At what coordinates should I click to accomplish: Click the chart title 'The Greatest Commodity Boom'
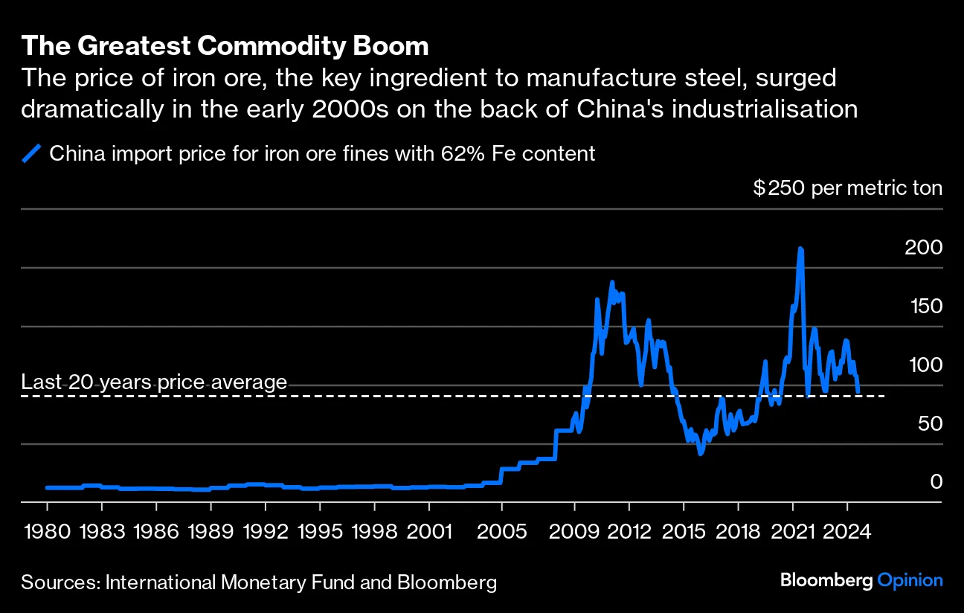225,46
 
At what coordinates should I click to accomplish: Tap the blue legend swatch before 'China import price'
32,154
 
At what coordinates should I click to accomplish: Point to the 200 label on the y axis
923,248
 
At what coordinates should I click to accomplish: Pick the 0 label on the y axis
936,483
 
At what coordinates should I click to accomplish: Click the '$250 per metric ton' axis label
847,188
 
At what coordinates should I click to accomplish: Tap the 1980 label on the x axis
47,533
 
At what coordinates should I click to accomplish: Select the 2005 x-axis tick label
502,533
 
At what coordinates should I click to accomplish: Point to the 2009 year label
575,533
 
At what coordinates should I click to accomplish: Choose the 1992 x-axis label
266,533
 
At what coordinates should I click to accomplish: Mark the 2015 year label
684,533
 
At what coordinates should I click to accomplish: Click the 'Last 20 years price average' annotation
154,382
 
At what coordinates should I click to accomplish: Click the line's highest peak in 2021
800,249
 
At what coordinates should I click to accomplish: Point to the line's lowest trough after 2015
700,452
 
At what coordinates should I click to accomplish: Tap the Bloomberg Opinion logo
861,581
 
